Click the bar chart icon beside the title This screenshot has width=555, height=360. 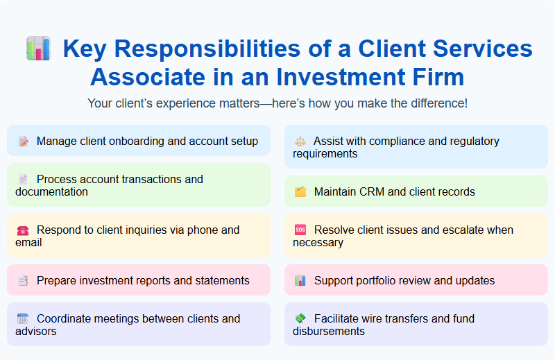[38, 49]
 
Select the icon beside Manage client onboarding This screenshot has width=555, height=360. [23, 142]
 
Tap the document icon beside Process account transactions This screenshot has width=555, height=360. [23, 180]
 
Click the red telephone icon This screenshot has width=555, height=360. [23, 230]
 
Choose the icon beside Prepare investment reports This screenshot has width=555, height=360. [23, 281]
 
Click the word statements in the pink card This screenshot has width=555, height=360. [220, 281]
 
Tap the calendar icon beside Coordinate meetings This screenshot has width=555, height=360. [23, 319]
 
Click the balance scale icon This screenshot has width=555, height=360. [300, 142]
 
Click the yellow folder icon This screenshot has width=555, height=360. [300, 192]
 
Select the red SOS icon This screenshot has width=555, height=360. [300, 230]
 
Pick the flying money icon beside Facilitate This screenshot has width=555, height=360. [300, 319]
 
